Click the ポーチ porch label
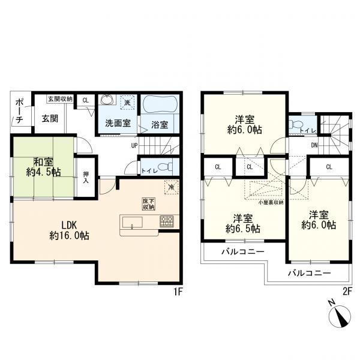(x=19, y=112)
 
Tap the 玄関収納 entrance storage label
(x=60, y=99)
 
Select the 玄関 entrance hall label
(x=50, y=118)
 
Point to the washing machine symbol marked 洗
(x=127, y=102)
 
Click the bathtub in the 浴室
(x=160, y=104)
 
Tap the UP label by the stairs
(x=134, y=146)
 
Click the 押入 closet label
(x=86, y=178)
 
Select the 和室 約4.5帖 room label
(x=43, y=167)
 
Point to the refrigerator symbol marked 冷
(x=171, y=187)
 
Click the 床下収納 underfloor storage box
(x=149, y=204)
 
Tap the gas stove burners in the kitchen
(x=167, y=221)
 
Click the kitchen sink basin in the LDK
(x=132, y=222)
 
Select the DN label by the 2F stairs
(x=314, y=145)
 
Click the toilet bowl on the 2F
(x=295, y=125)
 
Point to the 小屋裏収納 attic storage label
(x=271, y=203)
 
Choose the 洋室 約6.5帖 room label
(x=243, y=224)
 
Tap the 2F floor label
(x=347, y=292)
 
